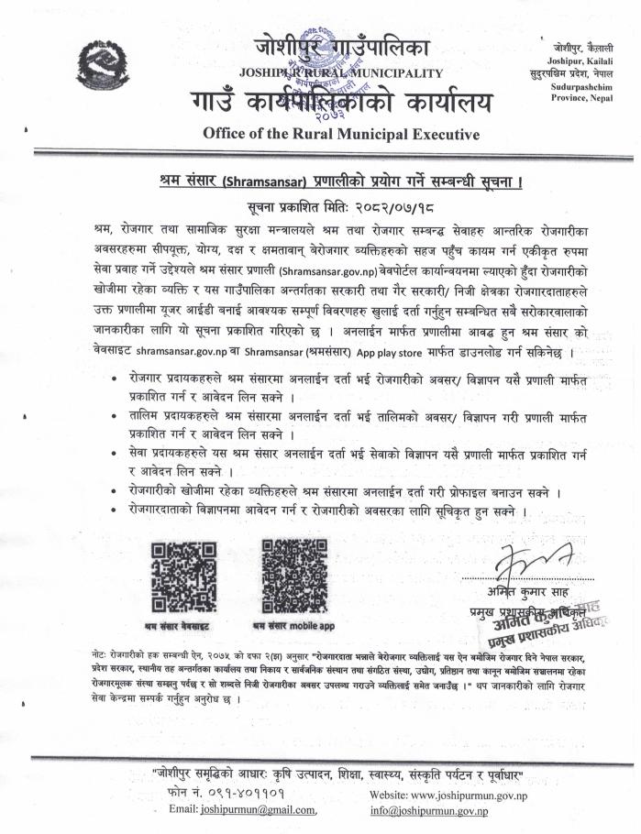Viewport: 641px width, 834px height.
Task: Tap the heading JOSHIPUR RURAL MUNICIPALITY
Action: point(340,71)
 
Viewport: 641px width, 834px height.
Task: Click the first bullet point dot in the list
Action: point(113,378)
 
